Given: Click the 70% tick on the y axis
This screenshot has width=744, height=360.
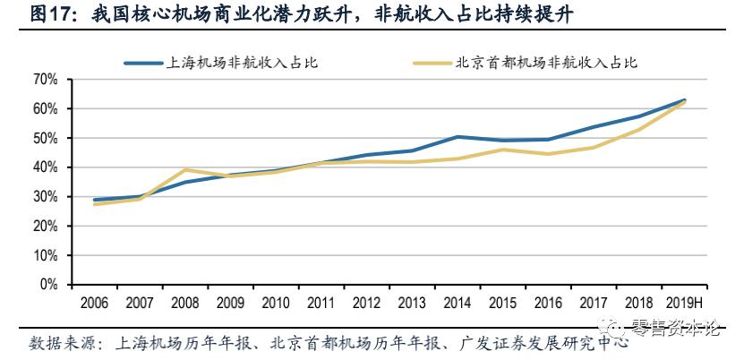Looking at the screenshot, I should click(45, 80).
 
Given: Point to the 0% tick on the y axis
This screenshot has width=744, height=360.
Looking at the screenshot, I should click(47, 285).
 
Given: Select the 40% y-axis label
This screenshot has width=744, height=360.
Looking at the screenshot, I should click(45, 167).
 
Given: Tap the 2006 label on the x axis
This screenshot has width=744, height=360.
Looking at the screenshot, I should click(95, 303).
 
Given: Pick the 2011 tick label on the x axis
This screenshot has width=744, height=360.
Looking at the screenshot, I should click(322, 303).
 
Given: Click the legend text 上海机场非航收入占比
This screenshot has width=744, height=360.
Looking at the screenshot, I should click(243, 63).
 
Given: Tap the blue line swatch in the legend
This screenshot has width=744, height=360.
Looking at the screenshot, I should click(143, 63).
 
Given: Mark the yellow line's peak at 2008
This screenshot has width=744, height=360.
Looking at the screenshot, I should click(185, 170).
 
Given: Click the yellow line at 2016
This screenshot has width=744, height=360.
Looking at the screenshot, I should click(549, 154).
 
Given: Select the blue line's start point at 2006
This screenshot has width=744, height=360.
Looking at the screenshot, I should click(95, 200).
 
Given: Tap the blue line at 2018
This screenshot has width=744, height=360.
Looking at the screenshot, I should click(639, 116).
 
